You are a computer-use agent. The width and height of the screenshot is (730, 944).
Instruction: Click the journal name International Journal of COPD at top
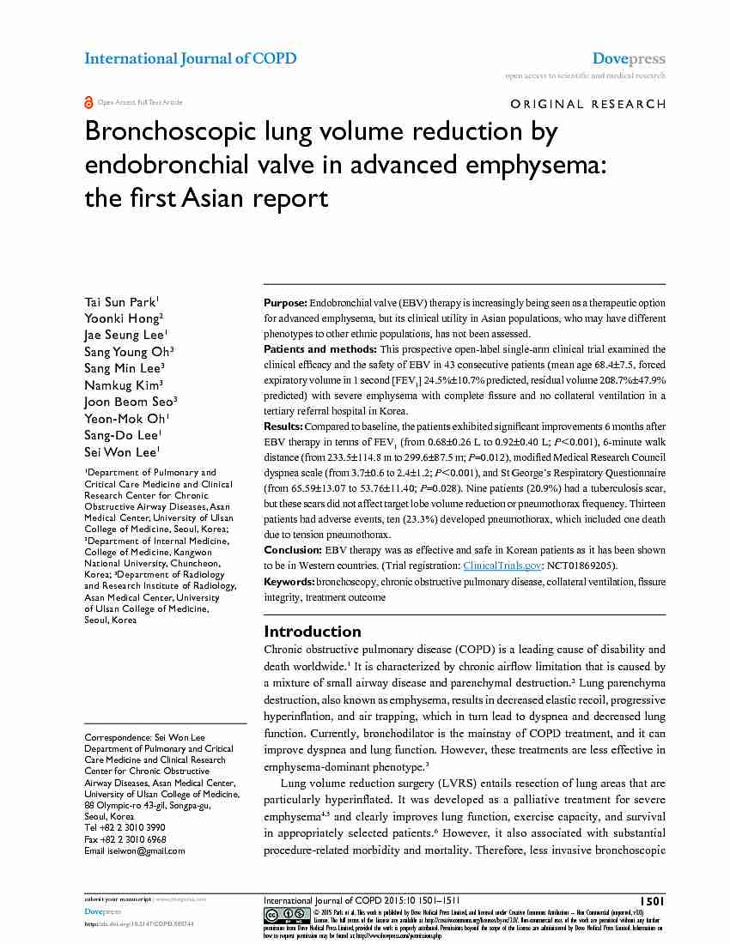pyautogui.click(x=190, y=58)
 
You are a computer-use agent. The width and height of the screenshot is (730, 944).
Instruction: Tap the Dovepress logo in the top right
pyautogui.click(x=629, y=58)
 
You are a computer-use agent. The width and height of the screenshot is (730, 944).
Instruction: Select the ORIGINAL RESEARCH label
pyautogui.click(x=587, y=104)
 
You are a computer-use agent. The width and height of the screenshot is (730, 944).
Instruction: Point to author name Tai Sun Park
pyautogui.click(x=119, y=302)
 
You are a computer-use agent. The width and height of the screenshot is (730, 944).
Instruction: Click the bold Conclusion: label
pyautogui.click(x=293, y=550)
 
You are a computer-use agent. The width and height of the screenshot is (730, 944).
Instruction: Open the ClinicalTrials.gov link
pyautogui.click(x=502, y=566)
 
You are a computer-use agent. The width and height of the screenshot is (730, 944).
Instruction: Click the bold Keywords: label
pyautogui.click(x=289, y=582)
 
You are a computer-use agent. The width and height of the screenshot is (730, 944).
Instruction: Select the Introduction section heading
pyautogui.click(x=312, y=631)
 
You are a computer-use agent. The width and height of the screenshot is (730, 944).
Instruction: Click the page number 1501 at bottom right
pyautogui.click(x=652, y=900)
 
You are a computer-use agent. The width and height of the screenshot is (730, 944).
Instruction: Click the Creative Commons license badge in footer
pyautogui.click(x=287, y=914)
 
